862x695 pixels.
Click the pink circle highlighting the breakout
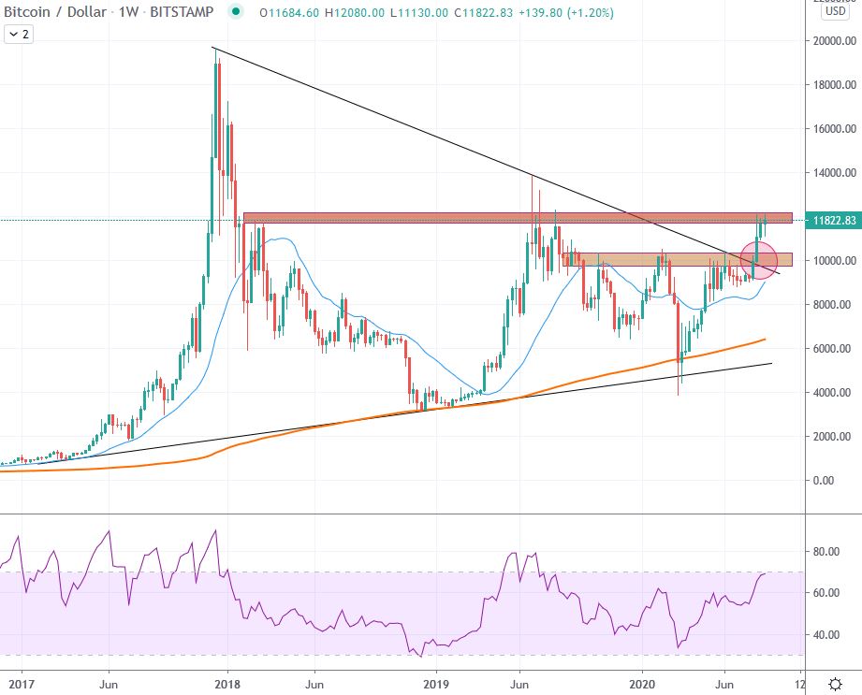759,260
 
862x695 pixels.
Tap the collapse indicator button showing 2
18,34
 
